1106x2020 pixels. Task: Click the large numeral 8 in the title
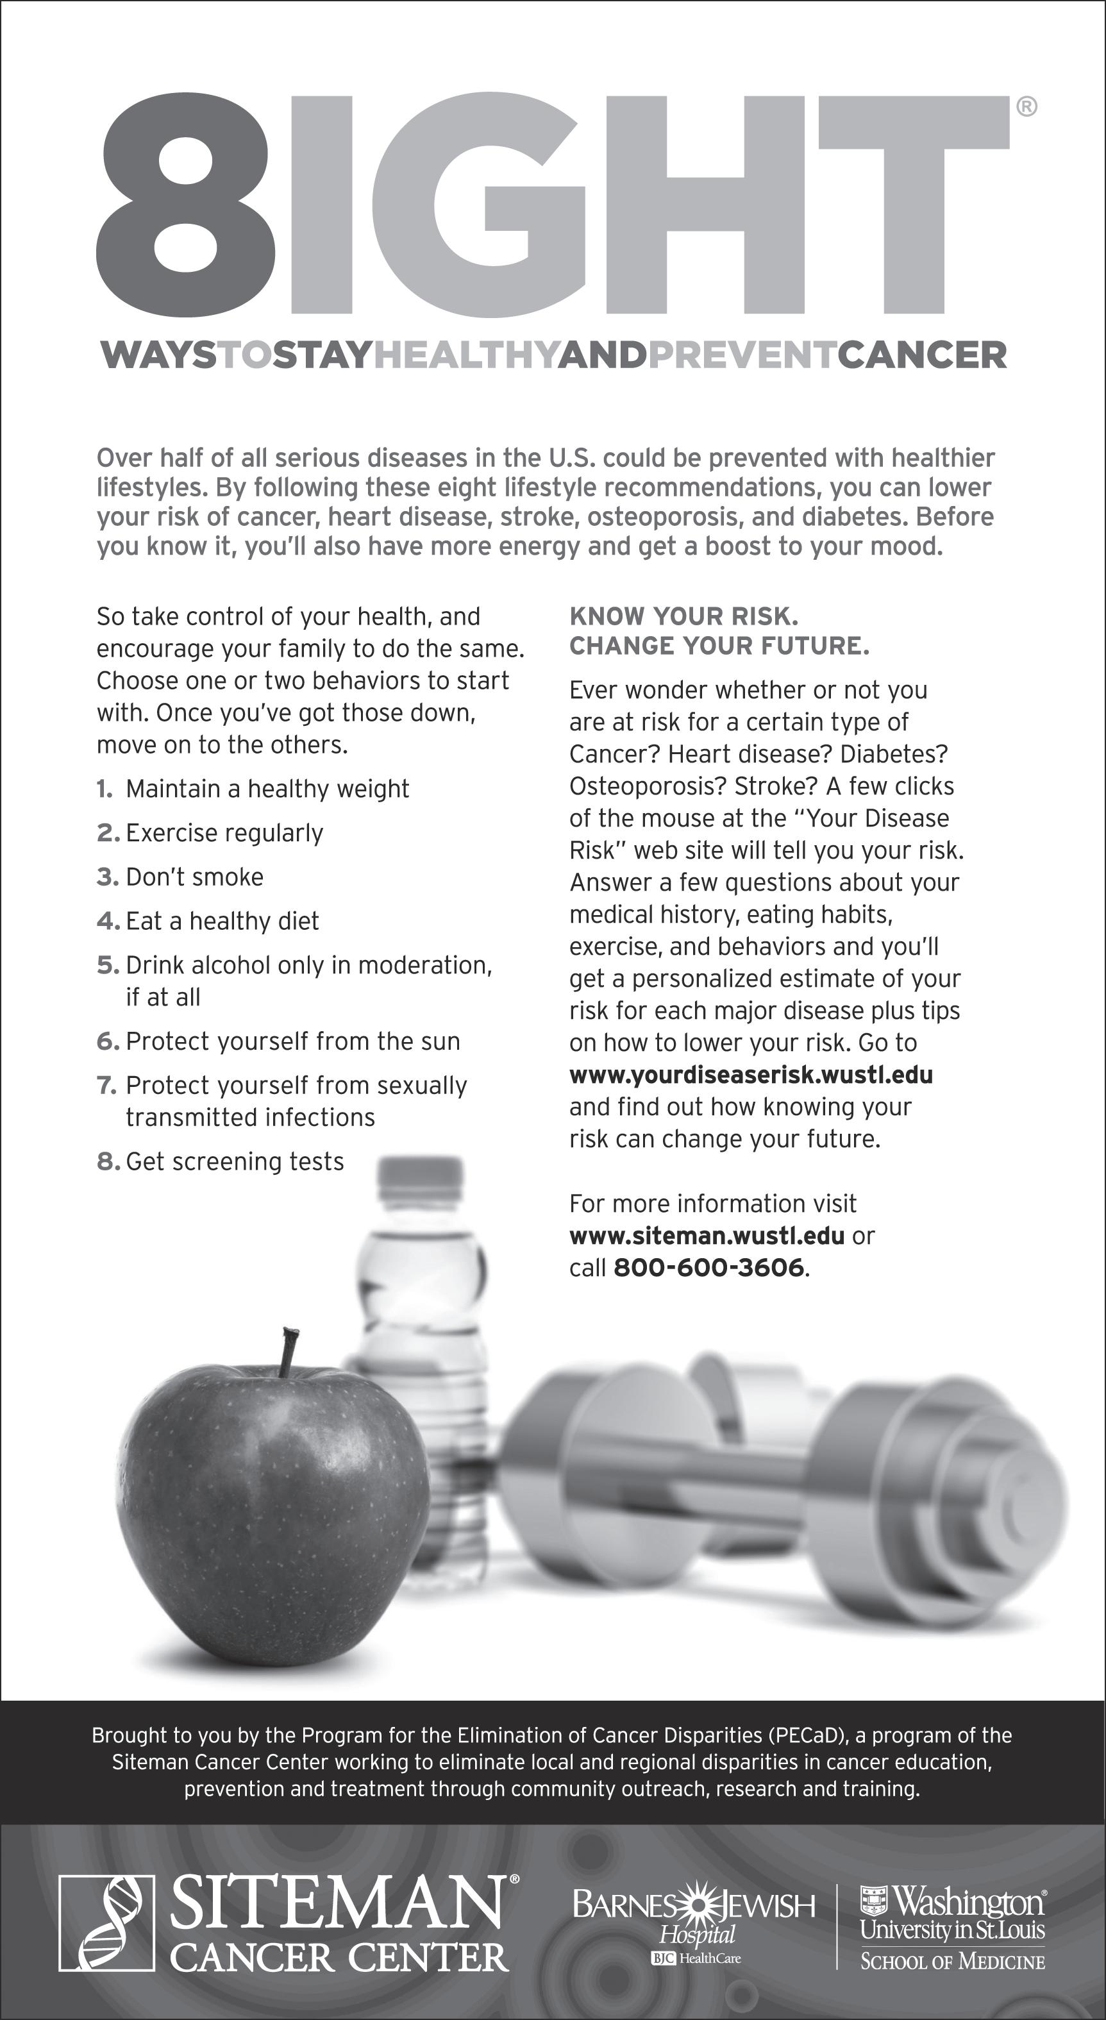[186, 204]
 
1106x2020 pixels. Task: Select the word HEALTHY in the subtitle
[465, 355]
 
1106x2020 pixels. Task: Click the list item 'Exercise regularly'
[224, 833]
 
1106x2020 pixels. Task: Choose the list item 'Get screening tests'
[235, 1161]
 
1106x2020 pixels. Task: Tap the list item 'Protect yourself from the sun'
[292, 1041]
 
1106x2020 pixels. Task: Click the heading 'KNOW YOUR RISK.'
[683, 616]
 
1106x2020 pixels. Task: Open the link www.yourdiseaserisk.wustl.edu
[751, 1074]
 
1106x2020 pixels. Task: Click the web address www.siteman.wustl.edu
[707, 1236]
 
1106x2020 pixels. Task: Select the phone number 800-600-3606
[708, 1268]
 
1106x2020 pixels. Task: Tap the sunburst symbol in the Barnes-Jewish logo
[694, 1905]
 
